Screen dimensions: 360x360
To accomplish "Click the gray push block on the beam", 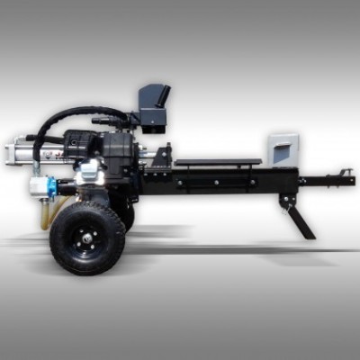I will [283, 149].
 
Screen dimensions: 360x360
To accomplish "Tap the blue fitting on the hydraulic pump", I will [51, 187].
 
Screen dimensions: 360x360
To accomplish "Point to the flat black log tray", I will [217, 163].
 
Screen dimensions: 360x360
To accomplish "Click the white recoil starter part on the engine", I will [92, 175].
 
